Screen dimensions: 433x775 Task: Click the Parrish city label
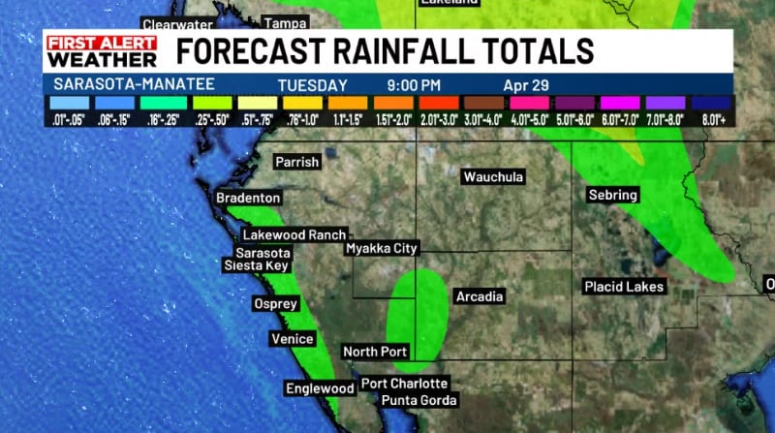296,162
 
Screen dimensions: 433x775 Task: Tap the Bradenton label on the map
248,198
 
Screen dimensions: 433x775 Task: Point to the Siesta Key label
256,264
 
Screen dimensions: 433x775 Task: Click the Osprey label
275,303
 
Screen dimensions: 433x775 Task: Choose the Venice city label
292,339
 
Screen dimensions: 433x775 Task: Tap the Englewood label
320,388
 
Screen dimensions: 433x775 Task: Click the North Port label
375,352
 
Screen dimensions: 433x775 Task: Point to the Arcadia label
479,296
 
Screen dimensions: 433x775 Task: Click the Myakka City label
382,249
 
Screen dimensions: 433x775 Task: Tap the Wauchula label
493,177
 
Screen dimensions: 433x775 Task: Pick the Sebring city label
613,196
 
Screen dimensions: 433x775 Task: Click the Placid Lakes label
624,287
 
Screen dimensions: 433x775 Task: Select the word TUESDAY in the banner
312,84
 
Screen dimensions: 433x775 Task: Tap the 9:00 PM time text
413,84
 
